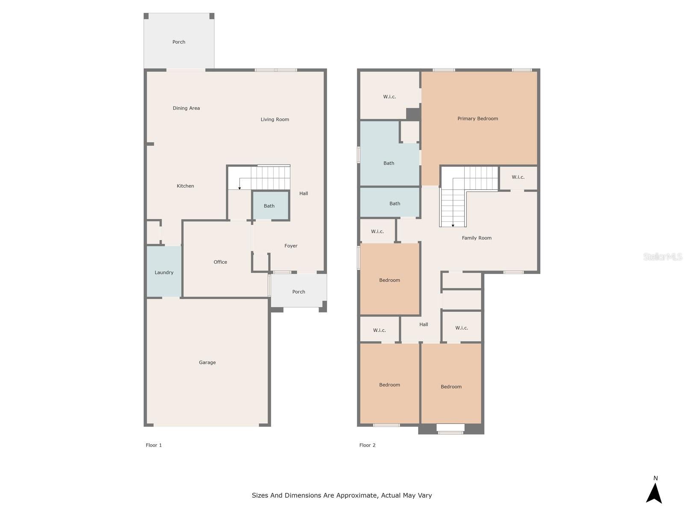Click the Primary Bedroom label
click(x=478, y=119)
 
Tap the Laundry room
click(x=164, y=271)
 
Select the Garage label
click(x=207, y=362)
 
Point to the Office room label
click(x=220, y=262)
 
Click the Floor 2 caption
click(x=367, y=445)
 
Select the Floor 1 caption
click(x=153, y=445)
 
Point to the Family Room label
click(x=477, y=238)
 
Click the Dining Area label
click(x=186, y=108)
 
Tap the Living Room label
click(x=275, y=119)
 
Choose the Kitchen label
click(x=186, y=186)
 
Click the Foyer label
click(x=291, y=246)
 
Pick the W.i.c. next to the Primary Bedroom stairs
click(x=518, y=177)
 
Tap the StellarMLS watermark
click(x=663, y=256)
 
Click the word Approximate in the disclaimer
click(x=357, y=495)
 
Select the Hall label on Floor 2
click(x=424, y=324)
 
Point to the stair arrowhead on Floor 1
click(x=239, y=189)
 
